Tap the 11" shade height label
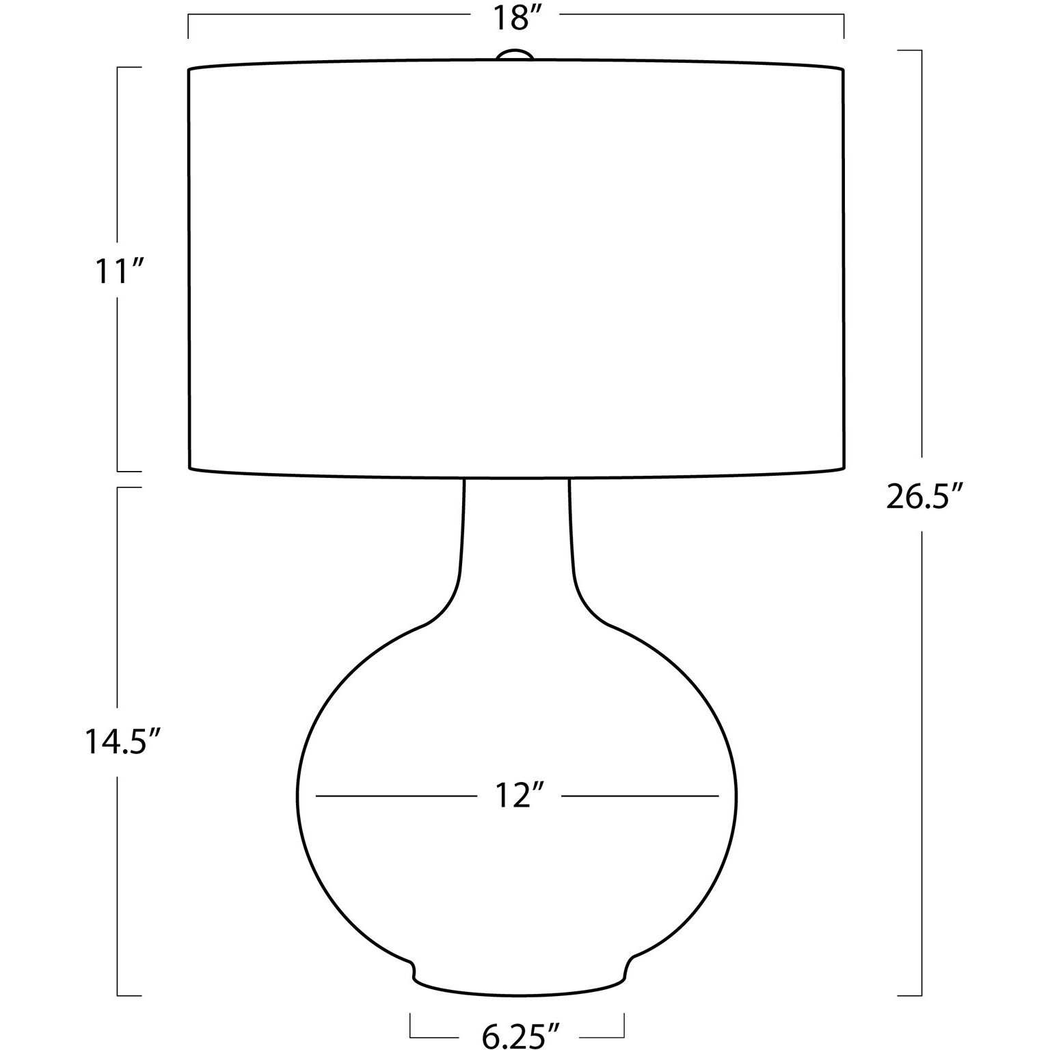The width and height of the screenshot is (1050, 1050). tap(121, 273)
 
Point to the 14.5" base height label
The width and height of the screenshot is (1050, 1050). tap(123, 741)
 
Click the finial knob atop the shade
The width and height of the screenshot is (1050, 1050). tap(515, 55)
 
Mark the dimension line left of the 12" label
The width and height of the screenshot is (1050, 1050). tap(395, 796)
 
